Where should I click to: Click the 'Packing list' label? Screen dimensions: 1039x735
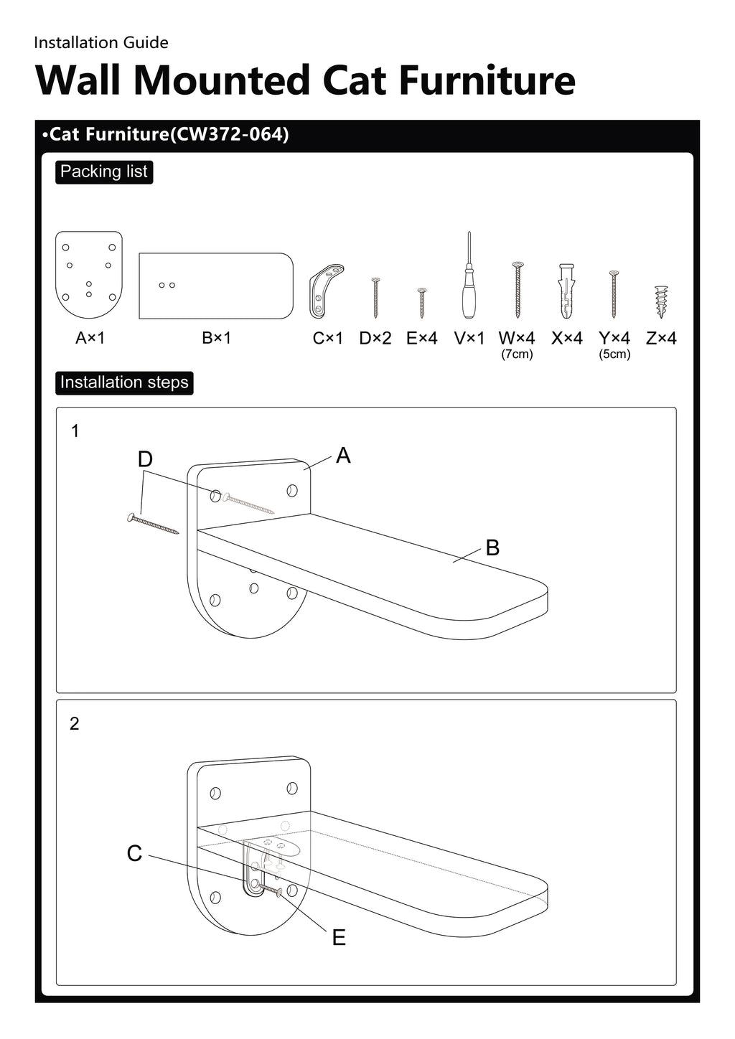(x=104, y=172)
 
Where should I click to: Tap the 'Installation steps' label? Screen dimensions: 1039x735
(x=124, y=382)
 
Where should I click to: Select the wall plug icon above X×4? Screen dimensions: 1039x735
(x=566, y=291)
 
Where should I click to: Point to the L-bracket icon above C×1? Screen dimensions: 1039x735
(x=325, y=291)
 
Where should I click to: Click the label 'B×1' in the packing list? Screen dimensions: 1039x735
(x=216, y=338)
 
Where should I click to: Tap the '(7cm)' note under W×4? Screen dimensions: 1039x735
(x=517, y=354)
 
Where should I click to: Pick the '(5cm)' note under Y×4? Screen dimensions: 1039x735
(x=614, y=354)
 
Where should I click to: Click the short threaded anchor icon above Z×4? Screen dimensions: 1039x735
(x=661, y=301)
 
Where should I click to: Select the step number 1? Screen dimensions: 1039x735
(x=75, y=431)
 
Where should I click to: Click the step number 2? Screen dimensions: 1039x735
(x=75, y=724)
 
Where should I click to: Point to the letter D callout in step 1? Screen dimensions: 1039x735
(x=145, y=459)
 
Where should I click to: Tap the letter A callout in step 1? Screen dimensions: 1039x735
(x=343, y=456)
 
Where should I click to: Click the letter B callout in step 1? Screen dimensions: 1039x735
(x=492, y=548)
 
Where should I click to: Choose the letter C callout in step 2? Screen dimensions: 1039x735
(x=134, y=854)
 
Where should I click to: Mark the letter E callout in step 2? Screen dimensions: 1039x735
(x=339, y=938)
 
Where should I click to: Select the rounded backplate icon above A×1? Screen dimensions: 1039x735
(x=89, y=275)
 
